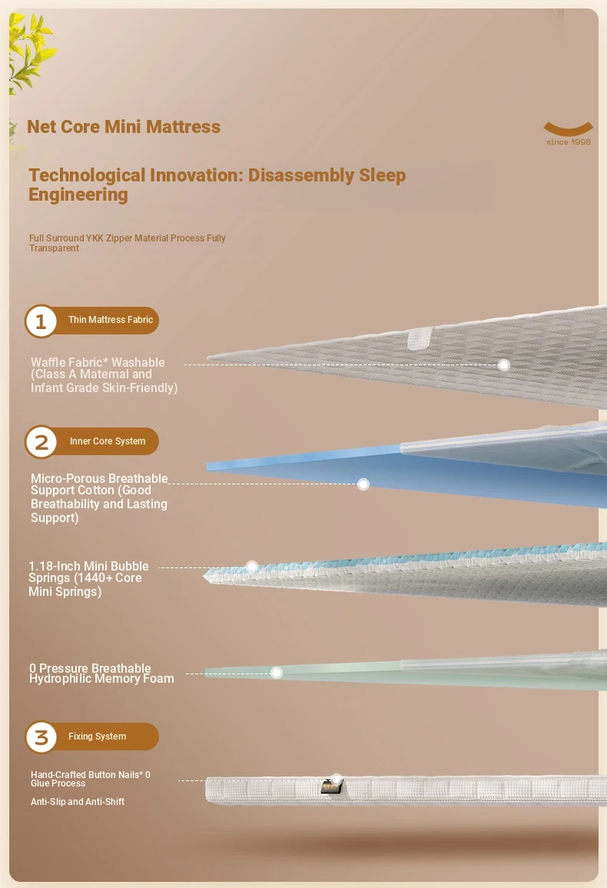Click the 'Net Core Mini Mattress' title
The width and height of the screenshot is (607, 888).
[124, 127]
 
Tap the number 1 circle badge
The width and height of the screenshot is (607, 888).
[41, 321]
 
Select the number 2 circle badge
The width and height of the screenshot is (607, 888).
[41, 442]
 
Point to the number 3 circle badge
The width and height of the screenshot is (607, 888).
[41, 737]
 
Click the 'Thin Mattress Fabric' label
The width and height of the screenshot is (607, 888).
[111, 320]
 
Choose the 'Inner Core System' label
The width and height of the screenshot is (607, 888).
[108, 441]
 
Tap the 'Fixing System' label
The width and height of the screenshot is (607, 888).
[98, 737]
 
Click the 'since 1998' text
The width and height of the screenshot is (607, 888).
[569, 142]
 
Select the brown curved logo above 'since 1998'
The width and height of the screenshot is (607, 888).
[568, 128]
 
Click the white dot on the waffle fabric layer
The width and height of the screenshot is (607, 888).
[504, 364]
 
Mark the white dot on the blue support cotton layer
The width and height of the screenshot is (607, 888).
[363, 484]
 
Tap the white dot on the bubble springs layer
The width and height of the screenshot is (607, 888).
[253, 567]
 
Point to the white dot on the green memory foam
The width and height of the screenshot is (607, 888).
[277, 673]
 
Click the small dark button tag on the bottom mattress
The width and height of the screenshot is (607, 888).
[331, 787]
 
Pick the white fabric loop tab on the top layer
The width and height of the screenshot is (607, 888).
[420, 338]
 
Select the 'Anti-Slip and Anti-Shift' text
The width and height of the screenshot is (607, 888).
[78, 802]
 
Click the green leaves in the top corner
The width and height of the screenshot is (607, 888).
[32, 51]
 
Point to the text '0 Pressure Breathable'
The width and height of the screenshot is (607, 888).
[90, 667]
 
